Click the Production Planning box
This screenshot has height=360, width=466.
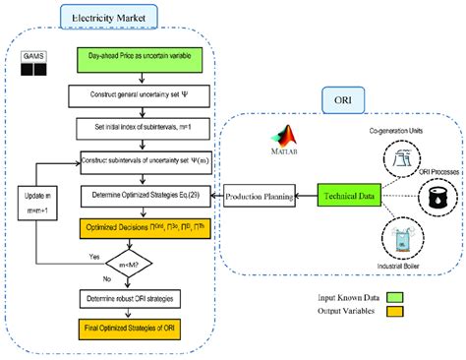pos(260,197)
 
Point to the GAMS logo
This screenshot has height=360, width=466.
pos(32,66)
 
